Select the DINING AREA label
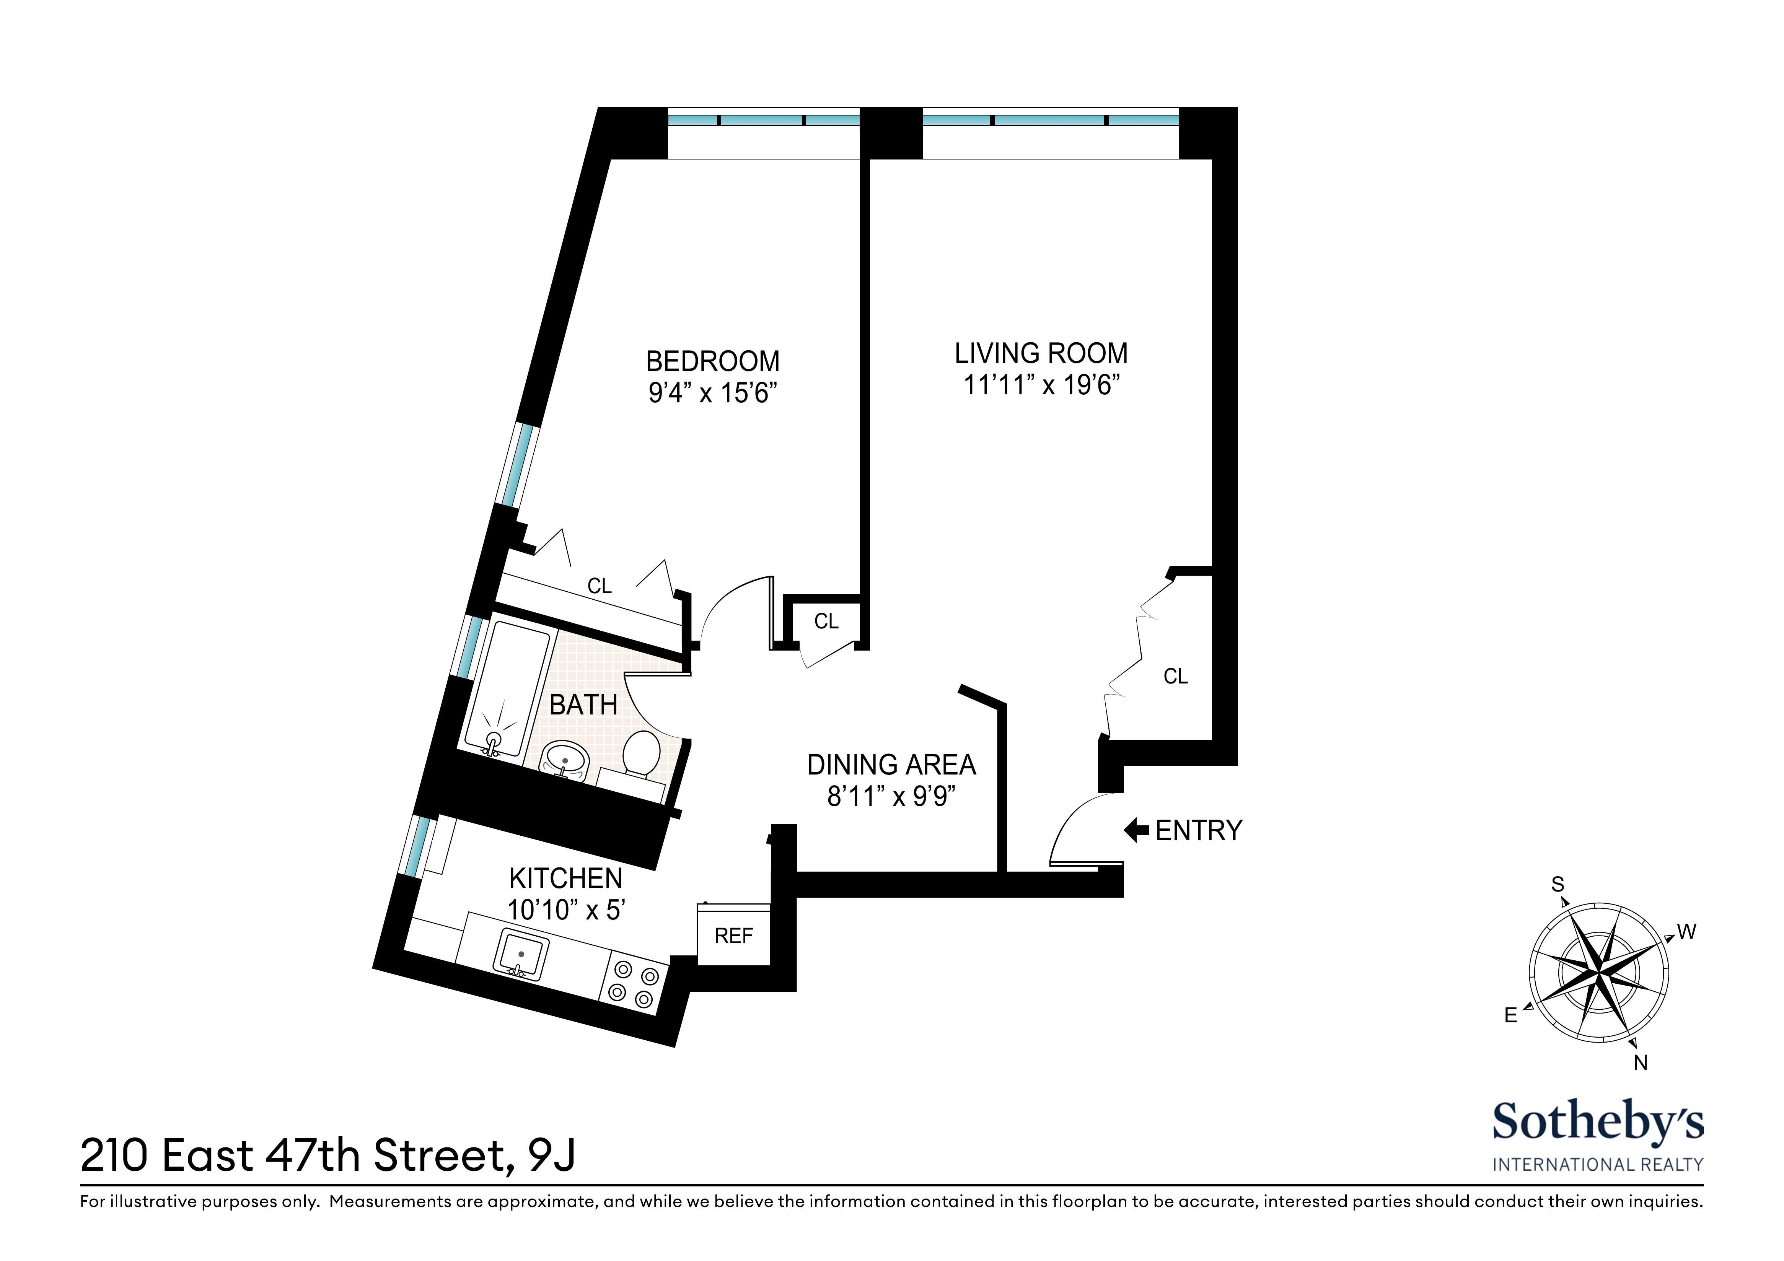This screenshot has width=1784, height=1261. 891,765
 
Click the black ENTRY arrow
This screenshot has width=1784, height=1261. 1136,831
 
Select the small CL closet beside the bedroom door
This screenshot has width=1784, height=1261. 826,622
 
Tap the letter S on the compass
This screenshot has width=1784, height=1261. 1557,884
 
